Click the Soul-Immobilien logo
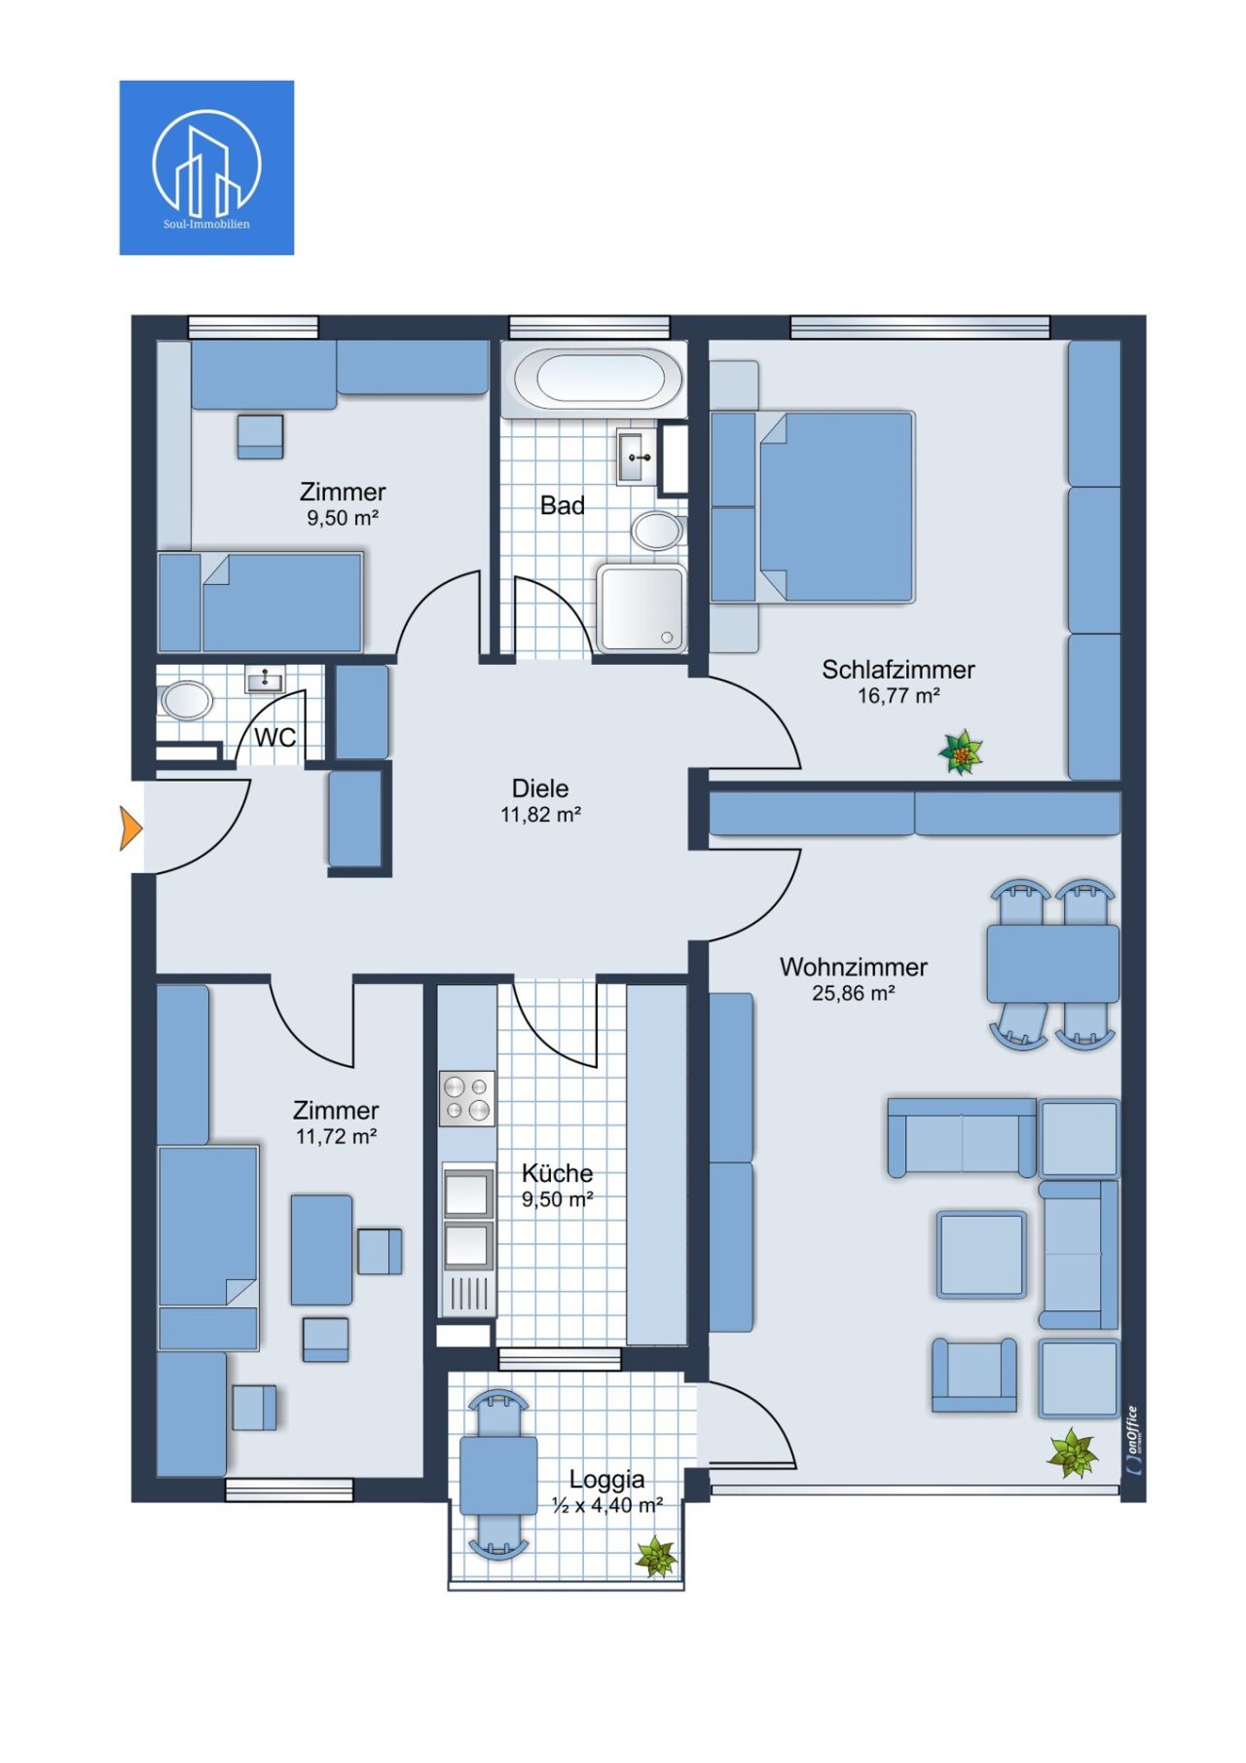click(206, 167)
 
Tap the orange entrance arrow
click(130, 828)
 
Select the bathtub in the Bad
click(599, 379)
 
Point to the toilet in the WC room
click(186, 700)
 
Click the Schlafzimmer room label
click(898, 670)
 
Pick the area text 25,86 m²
click(853, 994)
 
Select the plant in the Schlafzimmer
click(961, 753)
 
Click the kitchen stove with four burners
click(467, 1098)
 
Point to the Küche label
click(557, 1173)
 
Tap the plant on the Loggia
click(656, 1557)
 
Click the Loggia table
click(498, 1475)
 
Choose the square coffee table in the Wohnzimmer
click(981, 1255)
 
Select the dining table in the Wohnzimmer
click(1052, 964)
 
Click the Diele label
click(540, 789)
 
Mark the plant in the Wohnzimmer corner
click(1072, 1453)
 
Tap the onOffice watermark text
click(1133, 1441)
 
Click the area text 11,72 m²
click(336, 1136)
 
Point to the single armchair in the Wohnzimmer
click(973, 1376)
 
